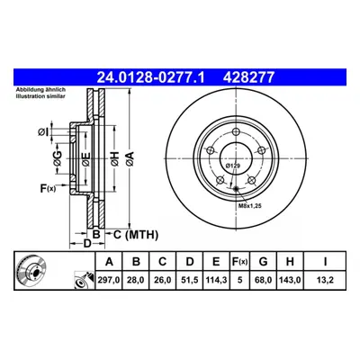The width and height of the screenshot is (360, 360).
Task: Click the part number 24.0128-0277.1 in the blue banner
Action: (150, 77)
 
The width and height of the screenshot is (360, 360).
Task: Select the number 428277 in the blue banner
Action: (248, 77)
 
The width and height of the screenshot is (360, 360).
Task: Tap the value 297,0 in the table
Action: (109, 280)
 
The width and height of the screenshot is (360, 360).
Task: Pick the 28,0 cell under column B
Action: (136, 280)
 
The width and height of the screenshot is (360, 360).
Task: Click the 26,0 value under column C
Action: (162, 280)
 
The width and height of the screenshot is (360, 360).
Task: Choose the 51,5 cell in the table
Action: (190, 280)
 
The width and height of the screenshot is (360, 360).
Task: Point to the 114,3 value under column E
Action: (216, 280)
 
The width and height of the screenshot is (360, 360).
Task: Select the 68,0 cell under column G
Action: (263, 280)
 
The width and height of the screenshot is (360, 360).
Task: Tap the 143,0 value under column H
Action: (290, 280)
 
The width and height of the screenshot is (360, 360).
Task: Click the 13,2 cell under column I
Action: (325, 280)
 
